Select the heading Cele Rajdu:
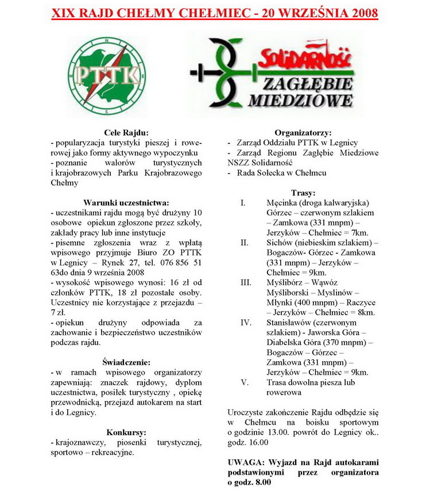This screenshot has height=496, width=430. coord(126,133)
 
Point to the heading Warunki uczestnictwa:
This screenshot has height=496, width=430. coord(126,203)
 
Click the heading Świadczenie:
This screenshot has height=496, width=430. coord(126,362)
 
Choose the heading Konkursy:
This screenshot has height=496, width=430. coord(126,432)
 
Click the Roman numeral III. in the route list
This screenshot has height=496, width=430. coord(246,282)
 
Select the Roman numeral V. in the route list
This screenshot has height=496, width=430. coord(245,382)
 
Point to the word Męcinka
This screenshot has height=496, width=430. coord(282,203)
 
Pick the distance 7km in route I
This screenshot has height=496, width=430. coord(361,232)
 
